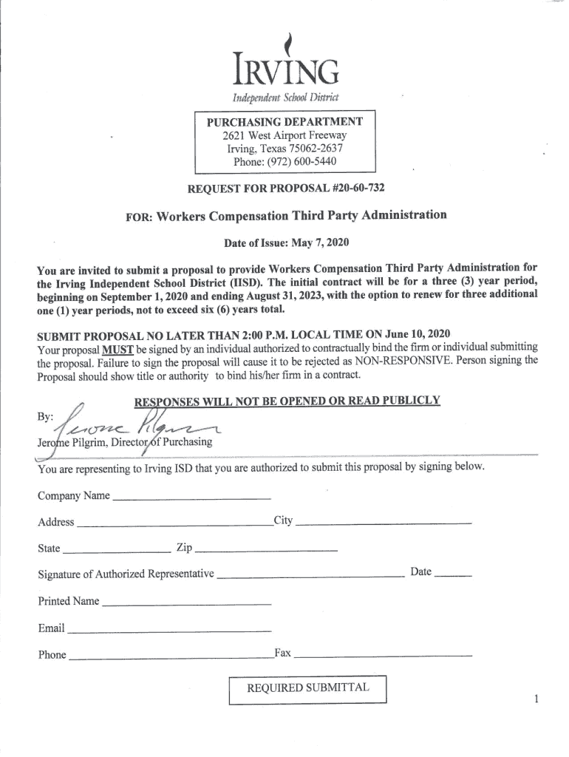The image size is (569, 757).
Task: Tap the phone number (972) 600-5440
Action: point(285,161)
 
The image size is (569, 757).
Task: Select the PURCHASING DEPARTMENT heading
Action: point(284,121)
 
